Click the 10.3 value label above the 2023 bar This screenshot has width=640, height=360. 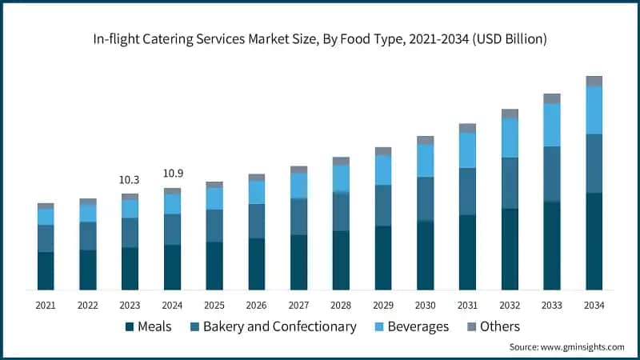(x=130, y=181)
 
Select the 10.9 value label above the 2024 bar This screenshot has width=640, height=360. (x=172, y=174)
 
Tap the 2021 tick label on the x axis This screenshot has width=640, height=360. (x=46, y=306)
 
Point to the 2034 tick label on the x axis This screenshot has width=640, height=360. (x=594, y=306)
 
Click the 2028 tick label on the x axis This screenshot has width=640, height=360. (x=341, y=306)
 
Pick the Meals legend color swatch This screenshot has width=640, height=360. (x=129, y=327)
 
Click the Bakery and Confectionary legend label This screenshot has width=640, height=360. (x=279, y=326)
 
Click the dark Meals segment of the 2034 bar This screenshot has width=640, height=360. (x=594, y=241)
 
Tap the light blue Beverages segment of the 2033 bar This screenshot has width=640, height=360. (x=551, y=125)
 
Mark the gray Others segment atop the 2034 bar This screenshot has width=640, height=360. (x=594, y=81)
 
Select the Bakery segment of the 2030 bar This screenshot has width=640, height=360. (x=425, y=198)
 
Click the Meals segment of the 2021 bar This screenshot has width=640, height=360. (x=46, y=270)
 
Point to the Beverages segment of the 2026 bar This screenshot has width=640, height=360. (x=256, y=192)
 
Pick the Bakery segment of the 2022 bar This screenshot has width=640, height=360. (x=88, y=235)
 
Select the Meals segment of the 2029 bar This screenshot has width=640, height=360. (x=383, y=258)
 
